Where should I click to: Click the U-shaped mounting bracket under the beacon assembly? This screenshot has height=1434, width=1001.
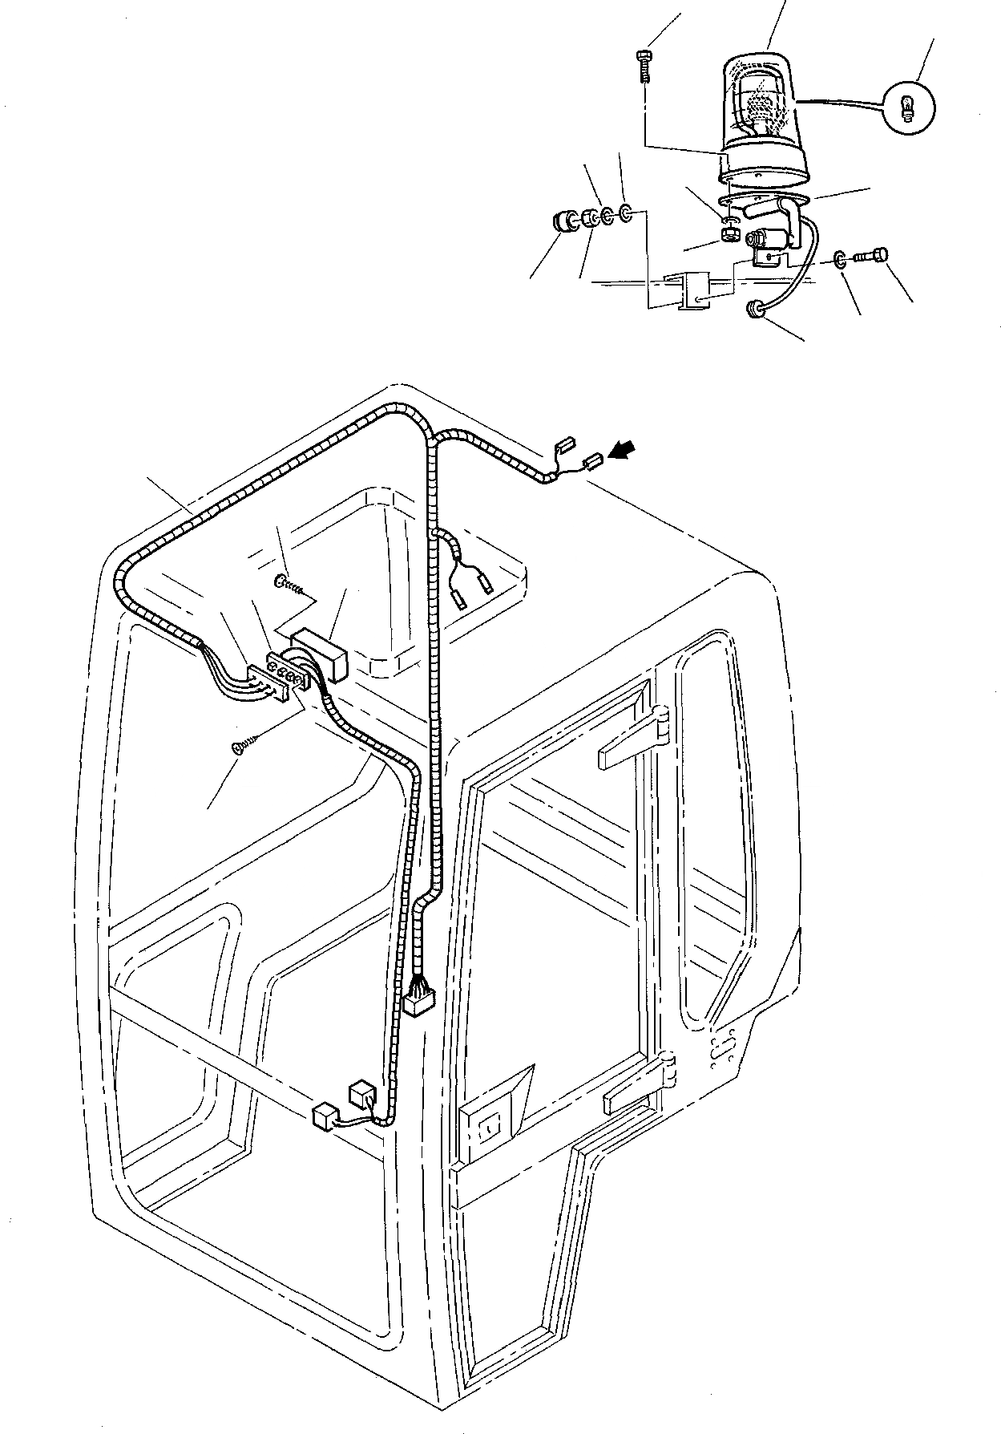point(690,291)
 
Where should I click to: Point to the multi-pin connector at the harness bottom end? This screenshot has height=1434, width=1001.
point(417,1001)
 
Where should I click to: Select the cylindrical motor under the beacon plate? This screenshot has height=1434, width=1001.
point(765,240)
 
